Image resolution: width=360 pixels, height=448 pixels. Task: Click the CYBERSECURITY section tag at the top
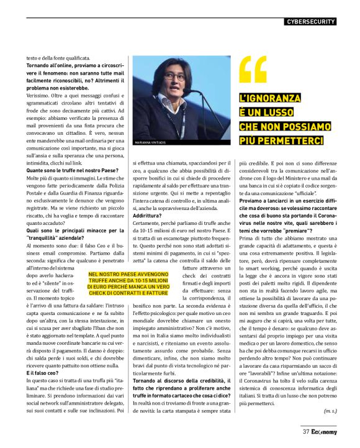pyautogui.click(x=311, y=22)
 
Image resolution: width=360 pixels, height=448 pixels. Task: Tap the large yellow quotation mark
pyautogui.click(x=253, y=70)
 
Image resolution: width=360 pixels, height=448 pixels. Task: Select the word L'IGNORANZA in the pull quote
pyautogui.click(x=271, y=98)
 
